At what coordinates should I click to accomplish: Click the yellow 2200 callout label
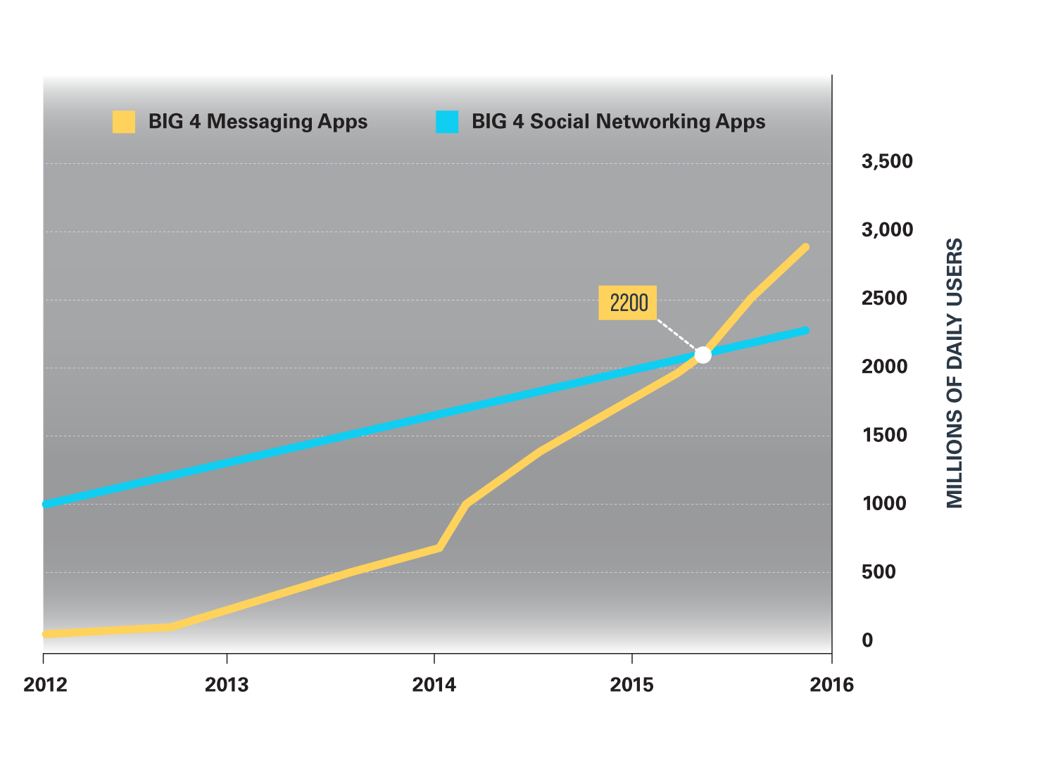pyautogui.click(x=628, y=303)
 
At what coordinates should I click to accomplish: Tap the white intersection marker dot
pyautogui.click(x=703, y=355)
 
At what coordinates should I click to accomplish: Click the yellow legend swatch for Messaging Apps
pyautogui.click(x=124, y=122)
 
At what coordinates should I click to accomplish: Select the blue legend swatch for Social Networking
pyautogui.click(x=447, y=122)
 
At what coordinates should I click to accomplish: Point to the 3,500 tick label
pyautogui.click(x=887, y=162)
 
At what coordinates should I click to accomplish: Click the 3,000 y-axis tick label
pyautogui.click(x=887, y=230)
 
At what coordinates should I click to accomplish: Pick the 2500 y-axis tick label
pyautogui.click(x=884, y=298)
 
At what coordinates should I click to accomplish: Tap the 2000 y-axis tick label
pyautogui.click(x=884, y=367)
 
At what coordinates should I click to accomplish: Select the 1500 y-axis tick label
pyautogui.click(x=884, y=435)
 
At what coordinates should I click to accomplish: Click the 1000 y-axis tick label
pyautogui.click(x=884, y=504)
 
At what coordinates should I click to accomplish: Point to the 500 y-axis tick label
pyautogui.click(x=879, y=572)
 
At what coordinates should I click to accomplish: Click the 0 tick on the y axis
pyautogui.click(x=867, y=640)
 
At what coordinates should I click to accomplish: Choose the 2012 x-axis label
pyautogui.click(x=45, y=685)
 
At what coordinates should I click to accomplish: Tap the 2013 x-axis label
pyautogui.click(x=227, y=685)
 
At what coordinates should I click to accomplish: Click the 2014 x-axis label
pyautogui.click(x=434, y=685)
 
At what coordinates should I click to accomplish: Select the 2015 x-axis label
pyautogui.click(x=632, y=685)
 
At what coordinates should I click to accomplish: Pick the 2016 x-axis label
pyautogui.click(x=831, y=685)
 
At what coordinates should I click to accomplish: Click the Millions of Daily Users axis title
pyautogui.click(x=954, y=373)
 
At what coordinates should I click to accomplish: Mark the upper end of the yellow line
pyautogui.click(x=805, y=248)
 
